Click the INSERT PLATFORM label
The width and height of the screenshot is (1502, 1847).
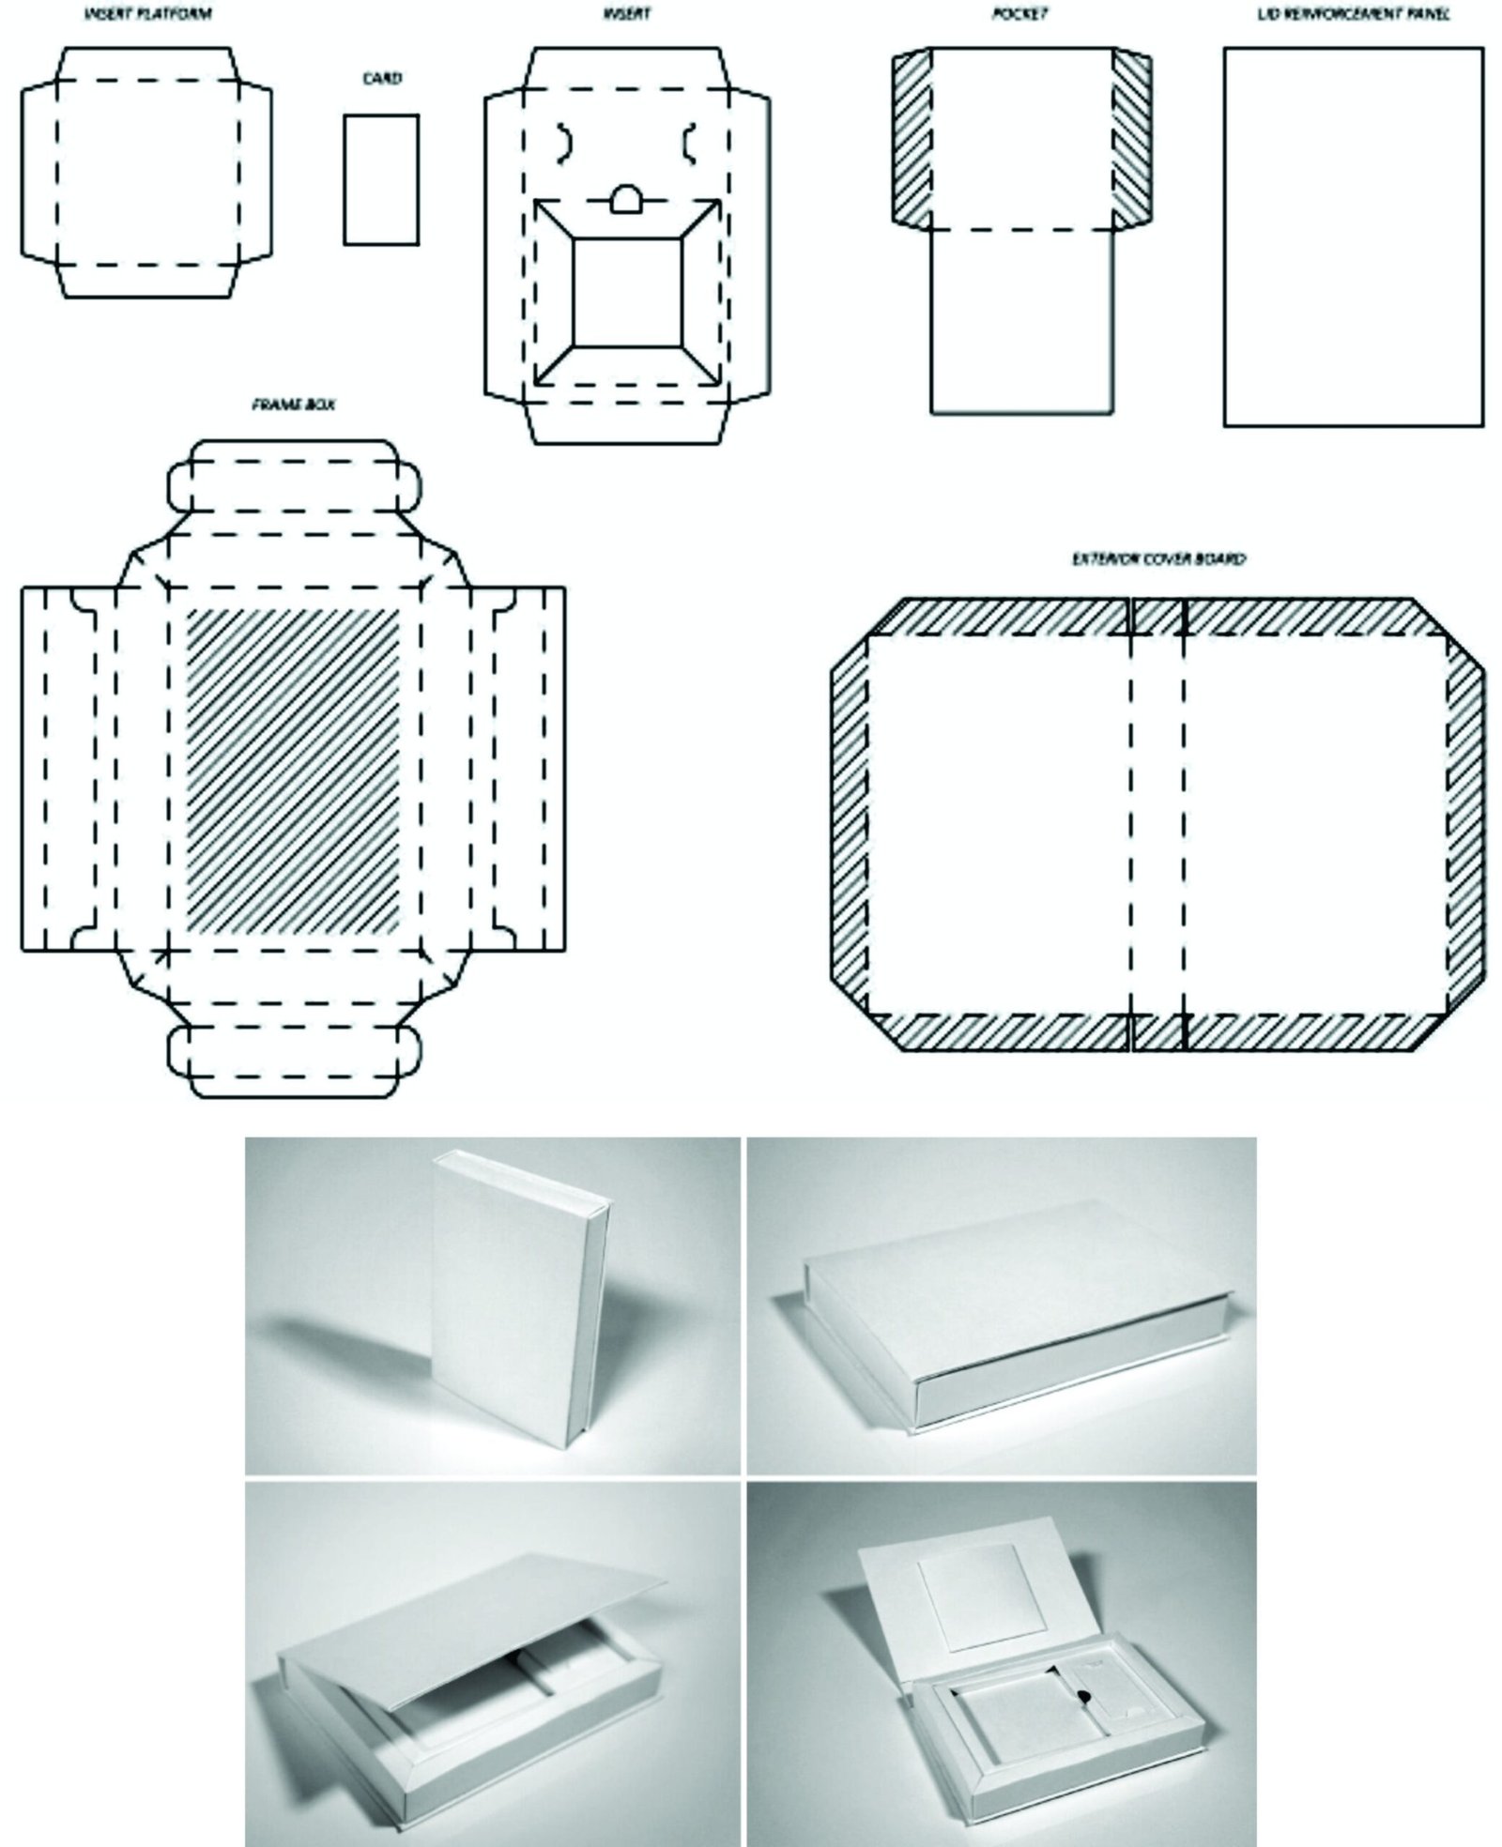click(147, 13)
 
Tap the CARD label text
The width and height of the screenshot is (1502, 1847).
click(381, 79)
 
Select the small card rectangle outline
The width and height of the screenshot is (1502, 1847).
click(380, 179)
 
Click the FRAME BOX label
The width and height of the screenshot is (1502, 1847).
click(294, 405)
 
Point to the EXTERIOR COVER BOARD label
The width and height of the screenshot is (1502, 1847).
click(1158, 559)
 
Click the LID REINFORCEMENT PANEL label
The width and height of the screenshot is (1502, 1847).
click(1353, 13)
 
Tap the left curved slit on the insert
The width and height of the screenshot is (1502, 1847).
click(564, 141)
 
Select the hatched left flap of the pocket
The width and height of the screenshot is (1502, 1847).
click(911, 139)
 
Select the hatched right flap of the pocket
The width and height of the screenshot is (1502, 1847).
click(1131, 139)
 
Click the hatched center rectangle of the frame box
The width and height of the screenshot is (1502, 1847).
click(293, 770)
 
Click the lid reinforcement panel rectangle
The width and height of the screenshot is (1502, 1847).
click(1353, 237)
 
